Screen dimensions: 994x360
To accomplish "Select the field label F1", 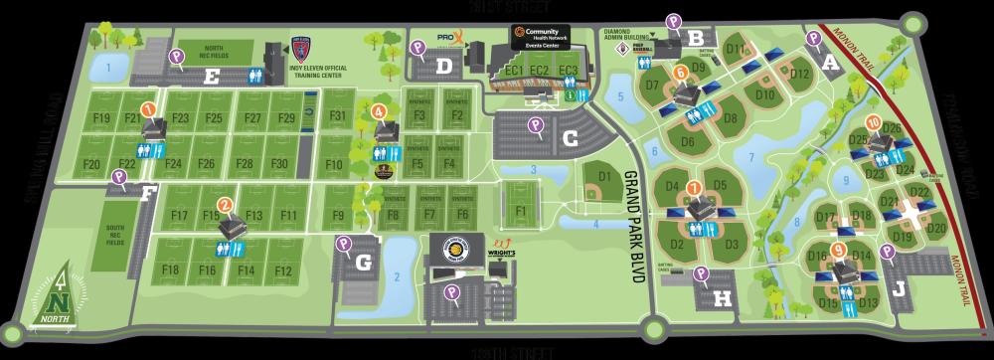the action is point(521,211).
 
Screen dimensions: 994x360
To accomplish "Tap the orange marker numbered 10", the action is point(873,123).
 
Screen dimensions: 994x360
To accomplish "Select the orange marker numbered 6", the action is point(682,73).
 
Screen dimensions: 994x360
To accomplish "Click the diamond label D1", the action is point(602,175).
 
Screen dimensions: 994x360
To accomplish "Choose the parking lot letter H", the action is point(724,295).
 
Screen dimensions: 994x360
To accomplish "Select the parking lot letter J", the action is point(899,290).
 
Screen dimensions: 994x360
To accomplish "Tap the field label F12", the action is point(282,270).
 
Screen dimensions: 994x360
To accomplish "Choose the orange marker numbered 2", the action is point(226,206).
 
